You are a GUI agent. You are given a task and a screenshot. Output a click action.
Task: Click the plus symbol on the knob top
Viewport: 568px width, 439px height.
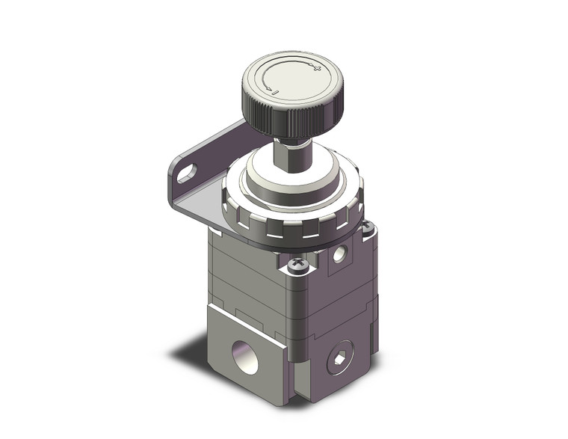pos(317,70)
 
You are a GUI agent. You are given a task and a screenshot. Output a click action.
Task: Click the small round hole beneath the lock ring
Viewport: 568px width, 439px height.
pos(340,254)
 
